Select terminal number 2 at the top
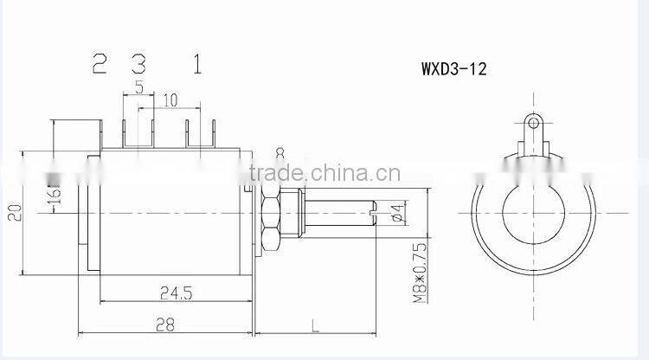point(100,63)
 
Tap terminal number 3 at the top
point(138,63)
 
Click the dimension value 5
point(138,87)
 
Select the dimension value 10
point(170,100)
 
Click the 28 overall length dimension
point(164,324)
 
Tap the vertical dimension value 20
point(12,213)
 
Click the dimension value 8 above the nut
point(280,154)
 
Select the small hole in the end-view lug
point(535,124)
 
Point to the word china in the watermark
point(331,170)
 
